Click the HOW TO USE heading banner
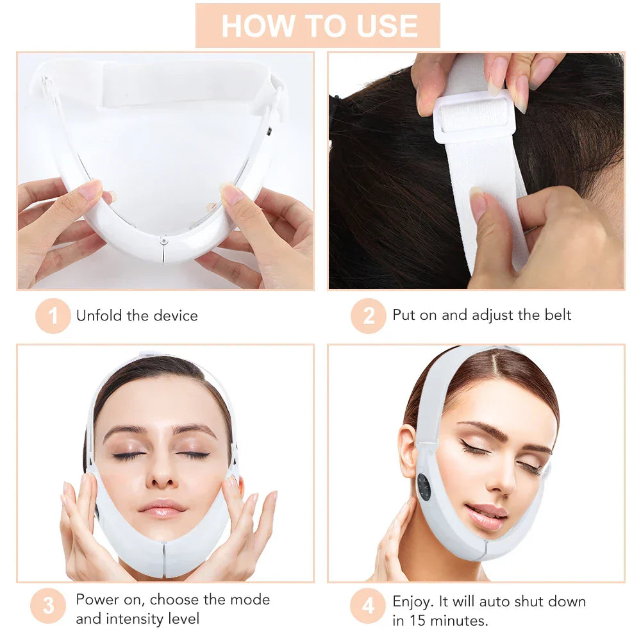pyautogui.click(x=318, y=25)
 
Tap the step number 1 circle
pyautogui.click(x=53, y=315)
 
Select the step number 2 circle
pyautogui.click(x=368, y=315)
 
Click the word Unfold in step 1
pyautogui.click(x=97, y=315)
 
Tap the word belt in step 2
pyautogui.click(x=555, y=315)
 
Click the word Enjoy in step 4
pyautogui.click(x=413, y=602)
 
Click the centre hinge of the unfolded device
pyautogui.click(x=165, y=242)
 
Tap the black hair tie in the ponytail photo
pyautogui.click(x=335, y=103)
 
